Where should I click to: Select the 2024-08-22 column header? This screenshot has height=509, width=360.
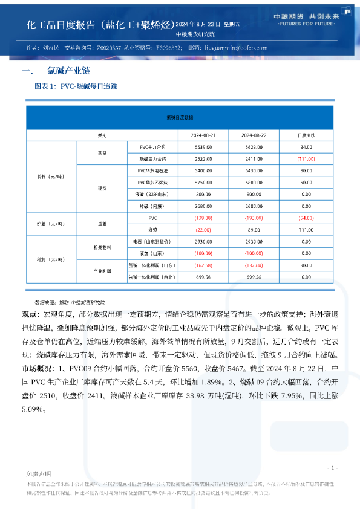click(254, 134)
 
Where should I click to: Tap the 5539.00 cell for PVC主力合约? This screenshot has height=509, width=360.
click(203, 147)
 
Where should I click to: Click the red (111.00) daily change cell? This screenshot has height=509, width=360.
click(306, 158)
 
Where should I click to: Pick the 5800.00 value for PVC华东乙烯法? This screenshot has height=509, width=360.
click(254, 182)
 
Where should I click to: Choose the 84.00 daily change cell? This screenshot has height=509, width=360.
click(306, 147)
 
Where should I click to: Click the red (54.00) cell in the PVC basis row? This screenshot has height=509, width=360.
click(306, 218)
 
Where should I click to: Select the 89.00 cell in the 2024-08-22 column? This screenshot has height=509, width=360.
click(254, 230)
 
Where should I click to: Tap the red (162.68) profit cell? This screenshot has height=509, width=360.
click(203, 265)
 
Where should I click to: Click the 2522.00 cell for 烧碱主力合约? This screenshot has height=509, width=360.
click(203, 158)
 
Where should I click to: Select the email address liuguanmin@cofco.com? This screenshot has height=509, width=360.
click(235, 48)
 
